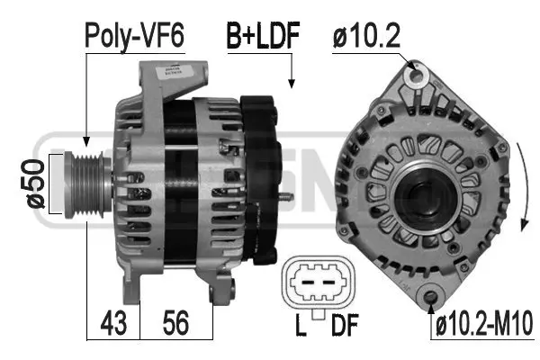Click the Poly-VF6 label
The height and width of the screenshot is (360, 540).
point(134,36)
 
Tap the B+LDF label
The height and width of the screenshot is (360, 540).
point(263,35)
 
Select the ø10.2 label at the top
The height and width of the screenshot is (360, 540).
point(366,36)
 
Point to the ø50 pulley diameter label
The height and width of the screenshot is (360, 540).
point(35,184)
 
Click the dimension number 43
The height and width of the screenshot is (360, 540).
point(113,323)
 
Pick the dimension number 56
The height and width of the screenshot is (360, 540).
point(175,323)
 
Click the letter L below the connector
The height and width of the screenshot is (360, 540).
point(301,325)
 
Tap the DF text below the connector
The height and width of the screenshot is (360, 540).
point(345,325)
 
